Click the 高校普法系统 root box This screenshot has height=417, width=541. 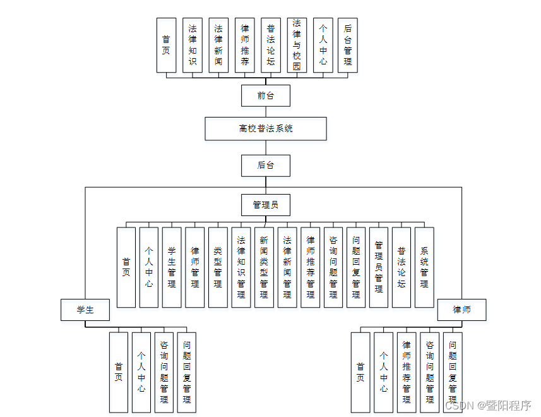266,128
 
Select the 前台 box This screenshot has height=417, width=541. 266,96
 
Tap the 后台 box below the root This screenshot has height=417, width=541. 266,166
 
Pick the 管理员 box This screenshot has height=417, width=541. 266,205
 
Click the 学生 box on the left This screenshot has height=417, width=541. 85,310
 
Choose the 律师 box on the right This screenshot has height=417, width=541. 461,310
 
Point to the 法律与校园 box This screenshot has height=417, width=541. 297,45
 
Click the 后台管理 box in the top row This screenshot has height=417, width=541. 347,45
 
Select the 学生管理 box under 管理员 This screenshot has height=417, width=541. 172,267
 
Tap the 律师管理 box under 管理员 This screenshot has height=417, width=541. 195,267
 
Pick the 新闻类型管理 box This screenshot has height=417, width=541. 264,267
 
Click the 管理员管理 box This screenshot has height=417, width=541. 379,267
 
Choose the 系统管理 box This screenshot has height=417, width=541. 424,267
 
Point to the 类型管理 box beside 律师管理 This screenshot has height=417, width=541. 218,267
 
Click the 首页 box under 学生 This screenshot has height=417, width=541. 119,372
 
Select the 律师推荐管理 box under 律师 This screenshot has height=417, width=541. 407,372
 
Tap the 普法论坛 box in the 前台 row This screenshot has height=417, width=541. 271,45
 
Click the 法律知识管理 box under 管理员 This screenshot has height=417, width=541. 241,267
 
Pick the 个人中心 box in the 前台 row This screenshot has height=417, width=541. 323,45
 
